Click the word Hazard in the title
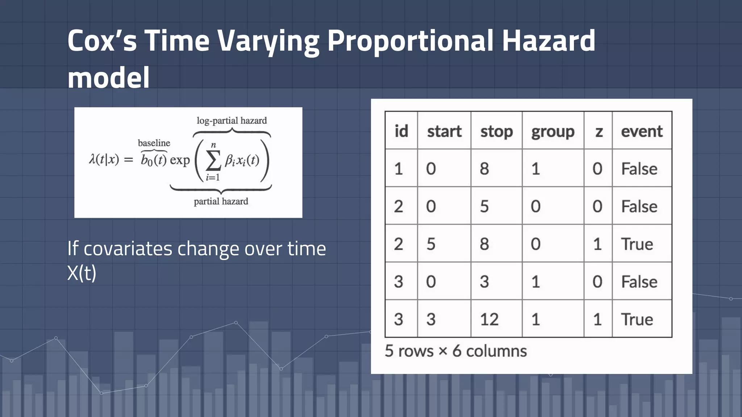click(x=548, y=41)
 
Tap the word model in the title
click(x=109, y=78)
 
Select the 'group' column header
click(x=553, y=131)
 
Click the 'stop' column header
click(x=496, y=131)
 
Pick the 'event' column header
click(x=642, y=131)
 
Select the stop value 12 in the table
click(x=489, y=319)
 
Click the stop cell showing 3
click(x=484, y=282)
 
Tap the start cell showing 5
click(x=431, y=244)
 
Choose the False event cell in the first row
click(x=639, y=169)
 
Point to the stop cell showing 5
click(x=484, y=206)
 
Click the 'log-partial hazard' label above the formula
click(x=232, y=121)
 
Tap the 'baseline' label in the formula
click(x=154, y=143)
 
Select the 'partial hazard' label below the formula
click(x=221, y=201)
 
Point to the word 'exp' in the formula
click(x=180, y=160)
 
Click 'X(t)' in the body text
click(x=82, y=273)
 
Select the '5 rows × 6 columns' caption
click(x=455, y=351)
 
